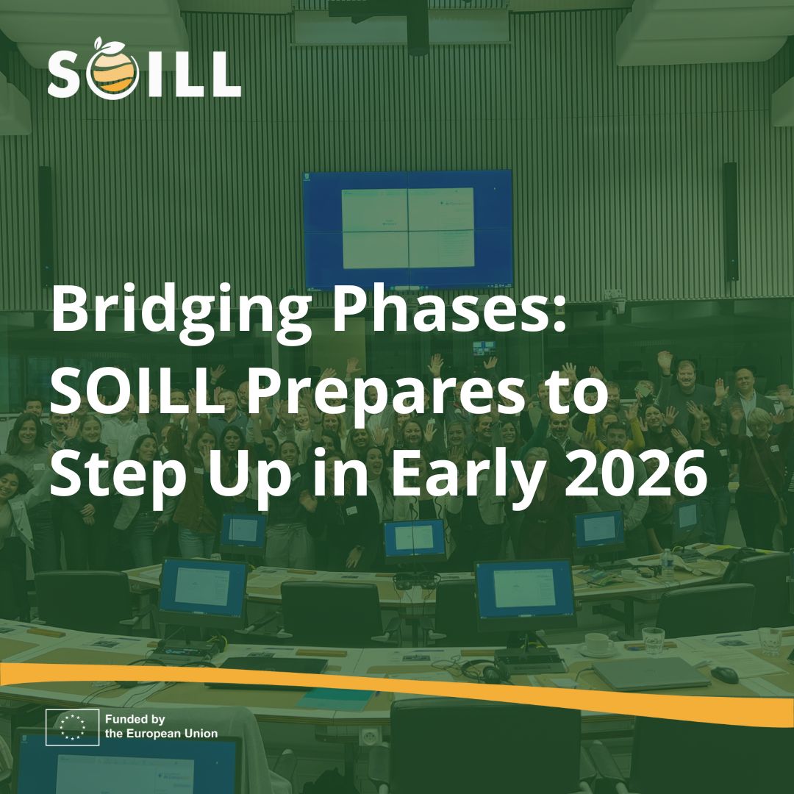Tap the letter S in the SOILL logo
[68, 74]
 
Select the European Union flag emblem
[72, 727]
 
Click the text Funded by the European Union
[161, 726]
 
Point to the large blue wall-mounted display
[408, 229]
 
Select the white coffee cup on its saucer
[598, 644]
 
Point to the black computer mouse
[724, 673]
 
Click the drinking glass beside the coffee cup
[652, 640]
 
